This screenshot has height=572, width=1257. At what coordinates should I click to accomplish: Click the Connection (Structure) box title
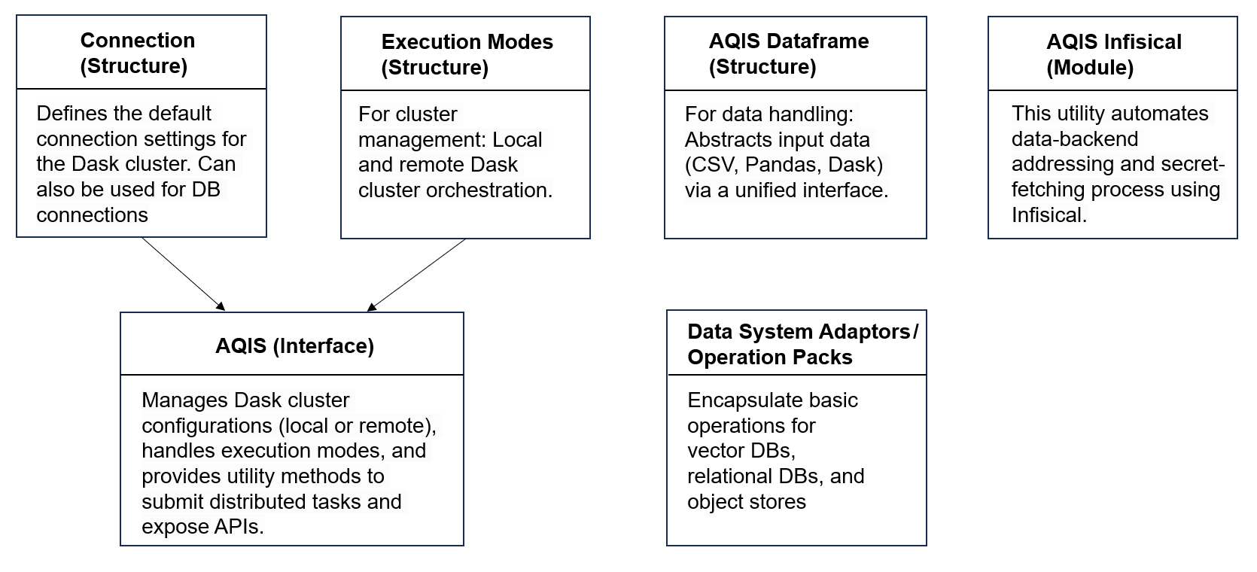coord(137,53)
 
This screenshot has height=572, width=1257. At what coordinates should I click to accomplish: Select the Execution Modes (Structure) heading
coord(467,54)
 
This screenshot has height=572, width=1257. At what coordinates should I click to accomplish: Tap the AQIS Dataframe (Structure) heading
coord(788,53)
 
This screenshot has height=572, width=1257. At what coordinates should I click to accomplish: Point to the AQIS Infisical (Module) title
coord(1113,54)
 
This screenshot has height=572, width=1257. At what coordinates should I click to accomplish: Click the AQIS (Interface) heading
coord(294,345)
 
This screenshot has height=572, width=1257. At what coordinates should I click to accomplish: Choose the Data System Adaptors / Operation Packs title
coord(802,344)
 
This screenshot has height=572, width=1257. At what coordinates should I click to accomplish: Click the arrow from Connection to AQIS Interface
coord(183,274)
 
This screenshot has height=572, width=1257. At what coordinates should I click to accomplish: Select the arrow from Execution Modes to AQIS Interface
coord(416,275)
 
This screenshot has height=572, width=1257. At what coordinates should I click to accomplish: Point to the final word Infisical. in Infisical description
coord(1049,215)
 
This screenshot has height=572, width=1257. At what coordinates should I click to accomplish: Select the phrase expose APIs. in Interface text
coord(202,527)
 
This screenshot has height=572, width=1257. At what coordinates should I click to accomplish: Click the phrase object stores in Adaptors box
coord(746,502)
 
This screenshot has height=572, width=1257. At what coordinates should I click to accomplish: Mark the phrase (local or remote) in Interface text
coord(356,426)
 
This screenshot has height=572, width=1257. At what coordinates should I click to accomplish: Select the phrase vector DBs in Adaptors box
coord(741,451)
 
